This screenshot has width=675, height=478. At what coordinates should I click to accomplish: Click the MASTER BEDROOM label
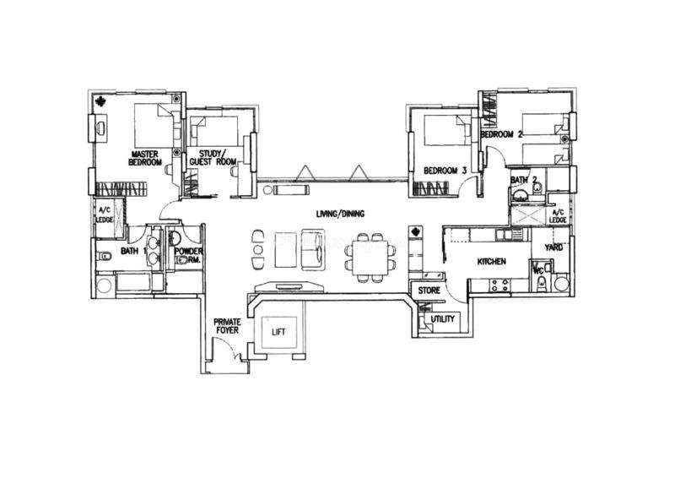pyautogui.click(x=145, y=158)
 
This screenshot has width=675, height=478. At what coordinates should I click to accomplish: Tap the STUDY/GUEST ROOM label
pyautogui.click(x=213, y=158)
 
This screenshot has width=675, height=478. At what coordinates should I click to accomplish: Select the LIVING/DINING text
pyautogui.click(x=340, y=214)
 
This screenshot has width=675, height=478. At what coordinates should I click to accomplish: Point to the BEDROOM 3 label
pyautogui.click(x=445, y=171)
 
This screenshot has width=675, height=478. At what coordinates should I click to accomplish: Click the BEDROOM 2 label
pyautogui.click(x=501, y=134)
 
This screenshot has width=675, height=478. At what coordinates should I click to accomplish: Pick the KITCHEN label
pyautogui.click(x=492, y=261)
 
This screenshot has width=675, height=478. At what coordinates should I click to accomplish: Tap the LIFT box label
pyautogui.click(x=278, y=332)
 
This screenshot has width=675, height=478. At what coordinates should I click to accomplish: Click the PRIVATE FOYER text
pyautogui.click(x=227, y=326)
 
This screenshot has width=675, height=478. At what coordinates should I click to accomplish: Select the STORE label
pyautogui.click(x=429, y=291)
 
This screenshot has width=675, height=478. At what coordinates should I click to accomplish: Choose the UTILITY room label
pyautogui.click(x=443, y=319)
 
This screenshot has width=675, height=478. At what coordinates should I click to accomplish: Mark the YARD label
pyautogui.click(x=553, y=247)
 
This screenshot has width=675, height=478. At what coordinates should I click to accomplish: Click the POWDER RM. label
pyautogui.click(x=188, y=255)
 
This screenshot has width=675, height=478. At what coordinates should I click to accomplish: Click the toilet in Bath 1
pyautogui.click(x=105, y=258)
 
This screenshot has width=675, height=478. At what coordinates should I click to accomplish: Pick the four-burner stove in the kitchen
pyautogui.click(x=499, y=285)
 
